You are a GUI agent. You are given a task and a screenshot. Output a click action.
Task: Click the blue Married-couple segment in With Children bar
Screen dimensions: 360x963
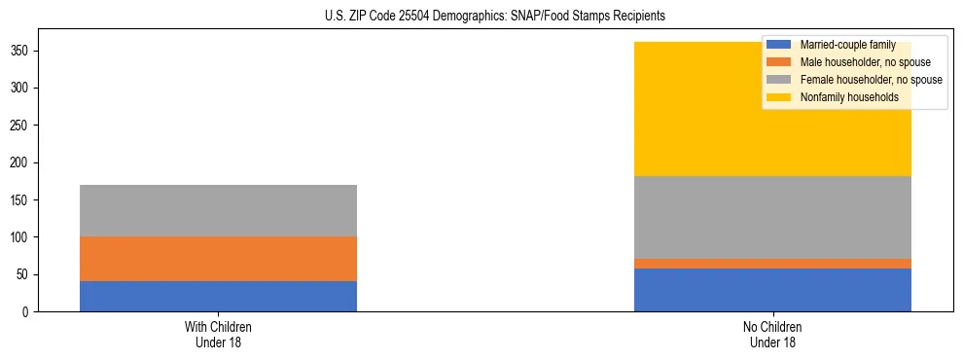[x=218, y=296]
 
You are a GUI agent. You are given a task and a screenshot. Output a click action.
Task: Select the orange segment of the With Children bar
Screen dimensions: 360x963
[x=218, y=259]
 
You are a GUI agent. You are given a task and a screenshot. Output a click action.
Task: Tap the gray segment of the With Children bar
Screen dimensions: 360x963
[x=218, y=210]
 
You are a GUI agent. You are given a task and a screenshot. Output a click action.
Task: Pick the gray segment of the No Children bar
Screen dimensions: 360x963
[x=772, y=218]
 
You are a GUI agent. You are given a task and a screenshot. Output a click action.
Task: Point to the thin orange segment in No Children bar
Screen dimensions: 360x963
[x=772, y=264]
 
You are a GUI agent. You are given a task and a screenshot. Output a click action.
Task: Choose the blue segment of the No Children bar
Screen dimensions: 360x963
[x=772, y=290]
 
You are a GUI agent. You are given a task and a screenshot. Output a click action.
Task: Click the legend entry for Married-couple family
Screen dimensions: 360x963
[x=847, y=45]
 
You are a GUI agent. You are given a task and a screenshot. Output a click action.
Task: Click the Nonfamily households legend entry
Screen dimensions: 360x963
[x=849, y=97]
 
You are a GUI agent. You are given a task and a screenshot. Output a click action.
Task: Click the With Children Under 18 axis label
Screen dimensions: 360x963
[x=218, y=334]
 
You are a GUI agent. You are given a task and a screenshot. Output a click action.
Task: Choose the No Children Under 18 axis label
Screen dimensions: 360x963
[x=772, y=334]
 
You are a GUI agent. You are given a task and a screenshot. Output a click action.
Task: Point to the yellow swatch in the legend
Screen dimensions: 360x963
[x=779, y=97]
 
